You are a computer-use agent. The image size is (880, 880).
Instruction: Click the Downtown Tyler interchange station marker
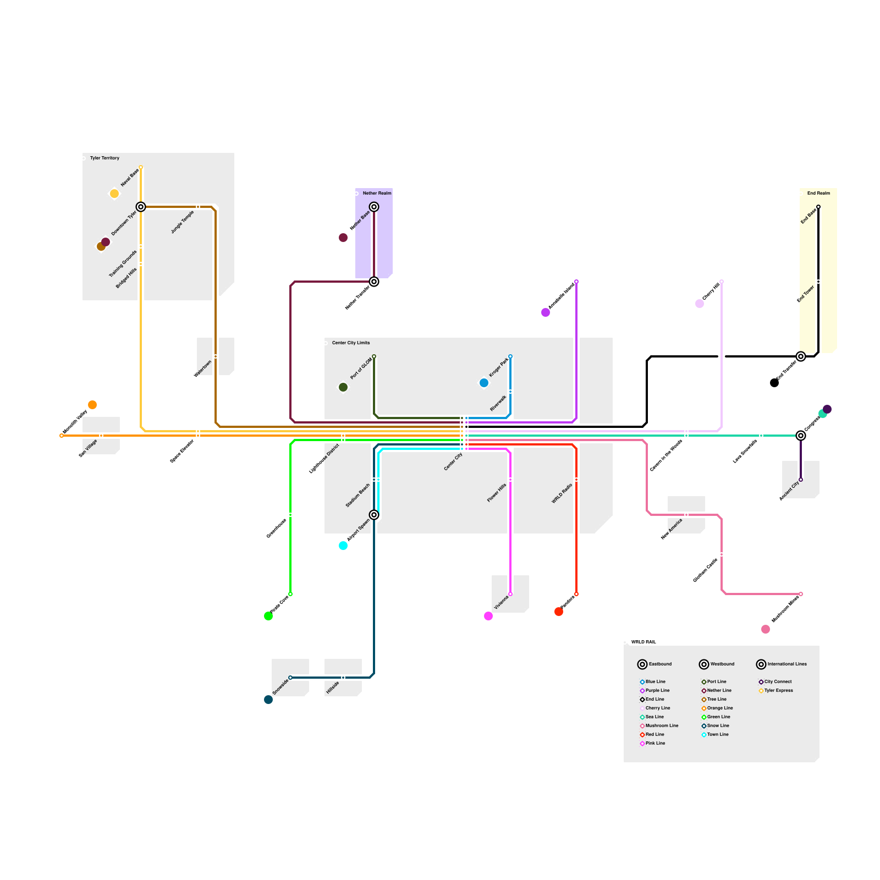tap(141, 207)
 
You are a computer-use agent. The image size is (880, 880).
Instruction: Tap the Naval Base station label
tap(130, 178)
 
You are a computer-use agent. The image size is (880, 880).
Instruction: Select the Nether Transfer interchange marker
tap(374, 282)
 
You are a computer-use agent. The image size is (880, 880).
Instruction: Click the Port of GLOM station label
tap(361, 369)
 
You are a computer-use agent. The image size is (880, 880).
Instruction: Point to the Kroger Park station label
tap(499, 367)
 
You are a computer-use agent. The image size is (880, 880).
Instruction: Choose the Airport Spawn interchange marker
tap(374, 515)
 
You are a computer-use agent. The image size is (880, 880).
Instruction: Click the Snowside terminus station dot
tap(290, 678)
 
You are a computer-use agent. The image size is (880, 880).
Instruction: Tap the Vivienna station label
tap(501, 603)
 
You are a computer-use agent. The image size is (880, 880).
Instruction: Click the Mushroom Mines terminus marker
tap(800, 594)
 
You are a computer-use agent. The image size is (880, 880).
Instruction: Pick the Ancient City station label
tap(789, 491)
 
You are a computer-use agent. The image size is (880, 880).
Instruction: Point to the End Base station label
tap(809, 217)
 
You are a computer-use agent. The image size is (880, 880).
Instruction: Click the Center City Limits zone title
tap(351, 343)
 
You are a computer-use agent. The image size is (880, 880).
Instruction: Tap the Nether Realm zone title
tap(377, 193)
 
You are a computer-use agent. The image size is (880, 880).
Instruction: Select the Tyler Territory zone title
tap(105, 158)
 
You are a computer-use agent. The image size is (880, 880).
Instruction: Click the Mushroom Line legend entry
tap(662, 725)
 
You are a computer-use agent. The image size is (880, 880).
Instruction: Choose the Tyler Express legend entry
tap(778, 690)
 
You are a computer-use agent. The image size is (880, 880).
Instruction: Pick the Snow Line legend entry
tap(718, 725)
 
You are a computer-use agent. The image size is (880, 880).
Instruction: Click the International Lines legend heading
tap(787, 664)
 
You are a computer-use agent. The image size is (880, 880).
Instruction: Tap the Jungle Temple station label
tap(183, 222)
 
